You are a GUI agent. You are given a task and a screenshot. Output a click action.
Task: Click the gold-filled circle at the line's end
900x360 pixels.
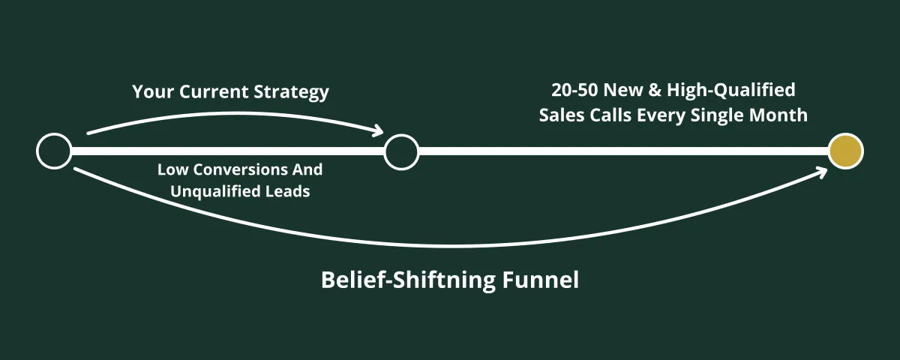[845, 151]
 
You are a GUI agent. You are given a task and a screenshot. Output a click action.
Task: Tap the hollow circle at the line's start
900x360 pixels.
[54, 151]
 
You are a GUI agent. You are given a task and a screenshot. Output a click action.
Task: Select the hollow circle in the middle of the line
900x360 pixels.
[401, 151]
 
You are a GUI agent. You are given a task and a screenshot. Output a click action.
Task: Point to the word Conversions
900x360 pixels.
[234, 169]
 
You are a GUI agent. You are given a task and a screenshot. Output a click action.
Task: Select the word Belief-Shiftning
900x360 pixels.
[407, 280]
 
